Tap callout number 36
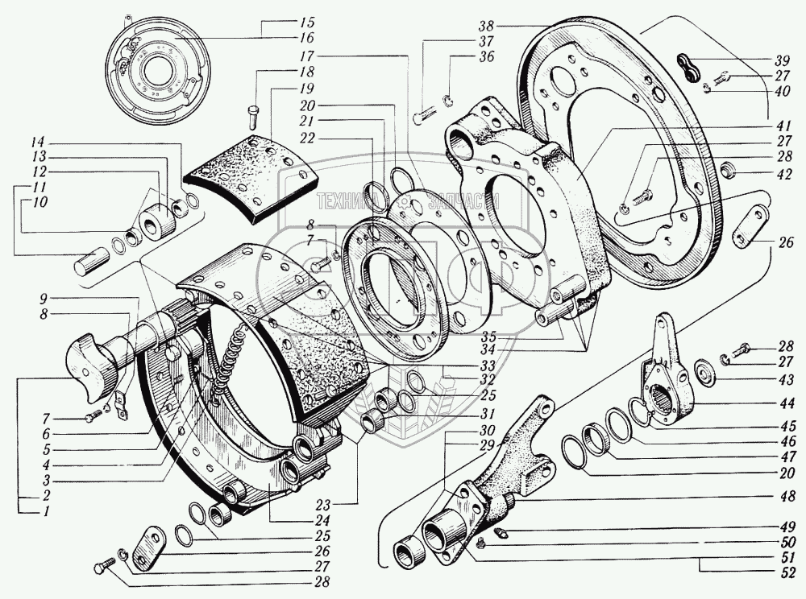coord(463,56)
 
